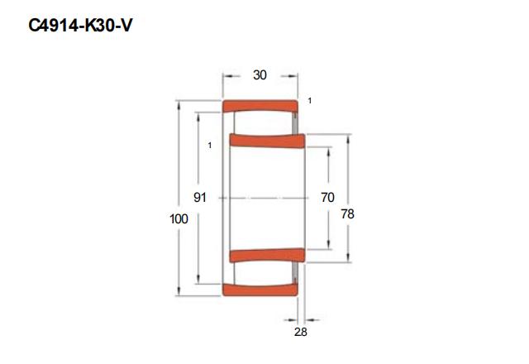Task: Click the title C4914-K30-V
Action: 80,26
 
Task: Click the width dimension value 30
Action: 260,75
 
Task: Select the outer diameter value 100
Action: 179,219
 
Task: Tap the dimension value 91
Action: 200,197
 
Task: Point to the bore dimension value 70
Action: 327,197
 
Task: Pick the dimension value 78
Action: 347,214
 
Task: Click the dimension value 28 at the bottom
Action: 301,332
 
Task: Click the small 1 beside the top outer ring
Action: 310,101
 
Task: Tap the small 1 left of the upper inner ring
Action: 210,146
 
